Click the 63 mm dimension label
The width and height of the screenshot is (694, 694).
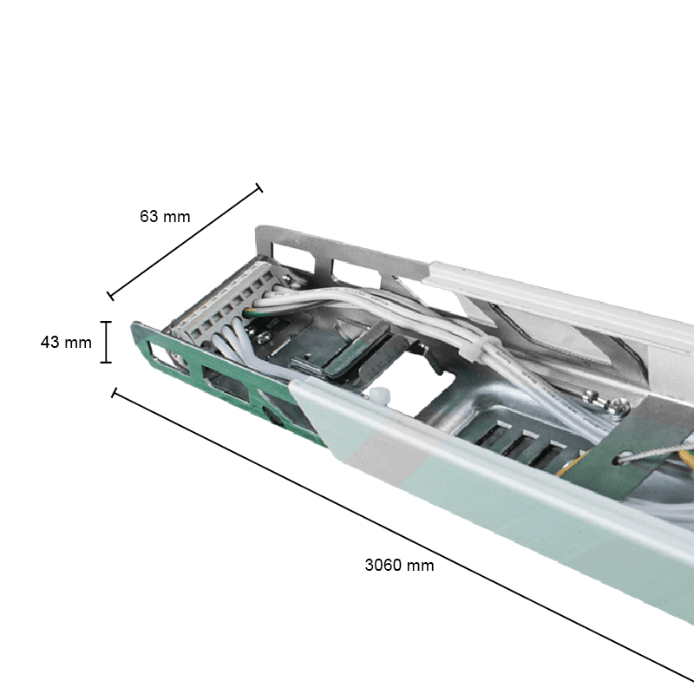click(165, 216)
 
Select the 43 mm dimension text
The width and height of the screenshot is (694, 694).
click(66, 343)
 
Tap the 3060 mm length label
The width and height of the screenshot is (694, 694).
click(399, 565)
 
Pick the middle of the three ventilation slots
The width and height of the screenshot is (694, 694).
click(517, 442)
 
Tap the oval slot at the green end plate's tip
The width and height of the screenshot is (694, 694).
click(159, 352)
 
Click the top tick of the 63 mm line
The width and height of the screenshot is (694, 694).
click(258, 188)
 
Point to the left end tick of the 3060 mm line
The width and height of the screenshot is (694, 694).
click(114, 392)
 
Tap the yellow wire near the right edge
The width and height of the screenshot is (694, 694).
click(681, 455)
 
